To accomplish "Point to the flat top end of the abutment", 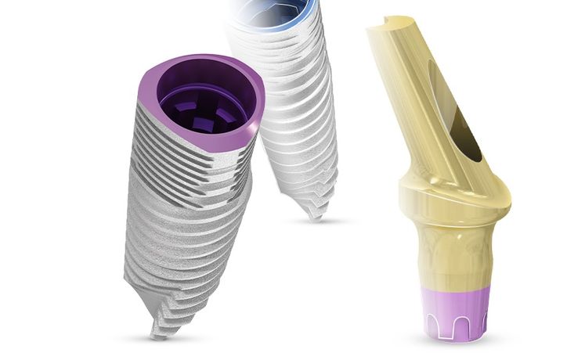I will (395, 27).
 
